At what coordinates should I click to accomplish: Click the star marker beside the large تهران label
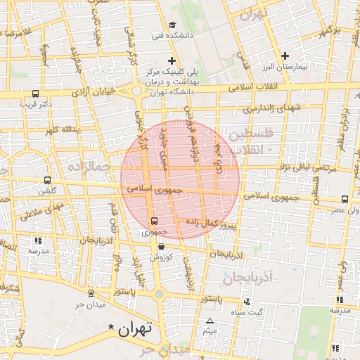pyautogui.click(x=110, y=328)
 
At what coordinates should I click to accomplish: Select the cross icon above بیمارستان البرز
pyautogui.click(x=285, y=56)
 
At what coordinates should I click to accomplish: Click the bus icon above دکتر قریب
pyautogui.click(x=36, y=93)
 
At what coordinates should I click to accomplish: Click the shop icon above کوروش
pyautogui.click(x=162, y=247)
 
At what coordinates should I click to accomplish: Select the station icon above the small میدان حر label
pyautogui.click(x=91, y=292)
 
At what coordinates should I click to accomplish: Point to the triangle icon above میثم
pyautogui.click(x=209, y=321)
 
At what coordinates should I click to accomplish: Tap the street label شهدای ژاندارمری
pyautogui.click(x=271, y=108)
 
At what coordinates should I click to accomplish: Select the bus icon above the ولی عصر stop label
pyautogui.click(x=345, y=199)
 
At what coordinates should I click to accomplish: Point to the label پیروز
pyautogui.click(x=228, y=227)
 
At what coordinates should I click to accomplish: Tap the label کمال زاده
pyautogui.click(x=200, y=221)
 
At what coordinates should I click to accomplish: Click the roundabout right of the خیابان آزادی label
pyautogui.click(x=136, y=91)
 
